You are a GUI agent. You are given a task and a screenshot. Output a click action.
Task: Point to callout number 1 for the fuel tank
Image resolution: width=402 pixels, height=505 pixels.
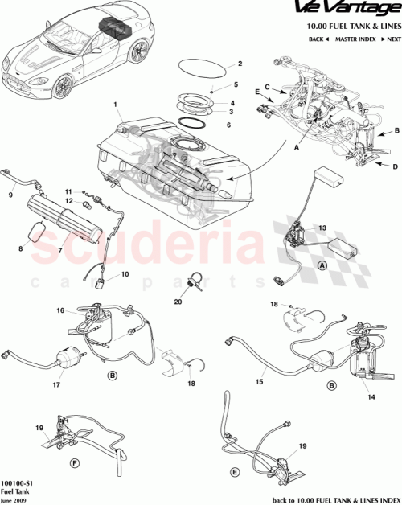[116, 105]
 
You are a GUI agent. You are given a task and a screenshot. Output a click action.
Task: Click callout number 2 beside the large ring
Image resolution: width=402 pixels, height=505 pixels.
[239, 64]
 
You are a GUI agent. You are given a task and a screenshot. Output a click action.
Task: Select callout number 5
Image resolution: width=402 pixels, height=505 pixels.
[236, 84]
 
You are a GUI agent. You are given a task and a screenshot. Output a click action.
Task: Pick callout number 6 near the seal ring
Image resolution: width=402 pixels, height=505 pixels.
[228, 125]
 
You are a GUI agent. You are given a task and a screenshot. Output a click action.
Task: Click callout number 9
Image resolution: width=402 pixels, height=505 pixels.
[10, 194]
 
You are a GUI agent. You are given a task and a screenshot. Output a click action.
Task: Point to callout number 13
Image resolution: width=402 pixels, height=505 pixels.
[322, 228]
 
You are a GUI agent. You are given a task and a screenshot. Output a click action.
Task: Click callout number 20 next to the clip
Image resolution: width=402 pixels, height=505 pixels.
[178, 302]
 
